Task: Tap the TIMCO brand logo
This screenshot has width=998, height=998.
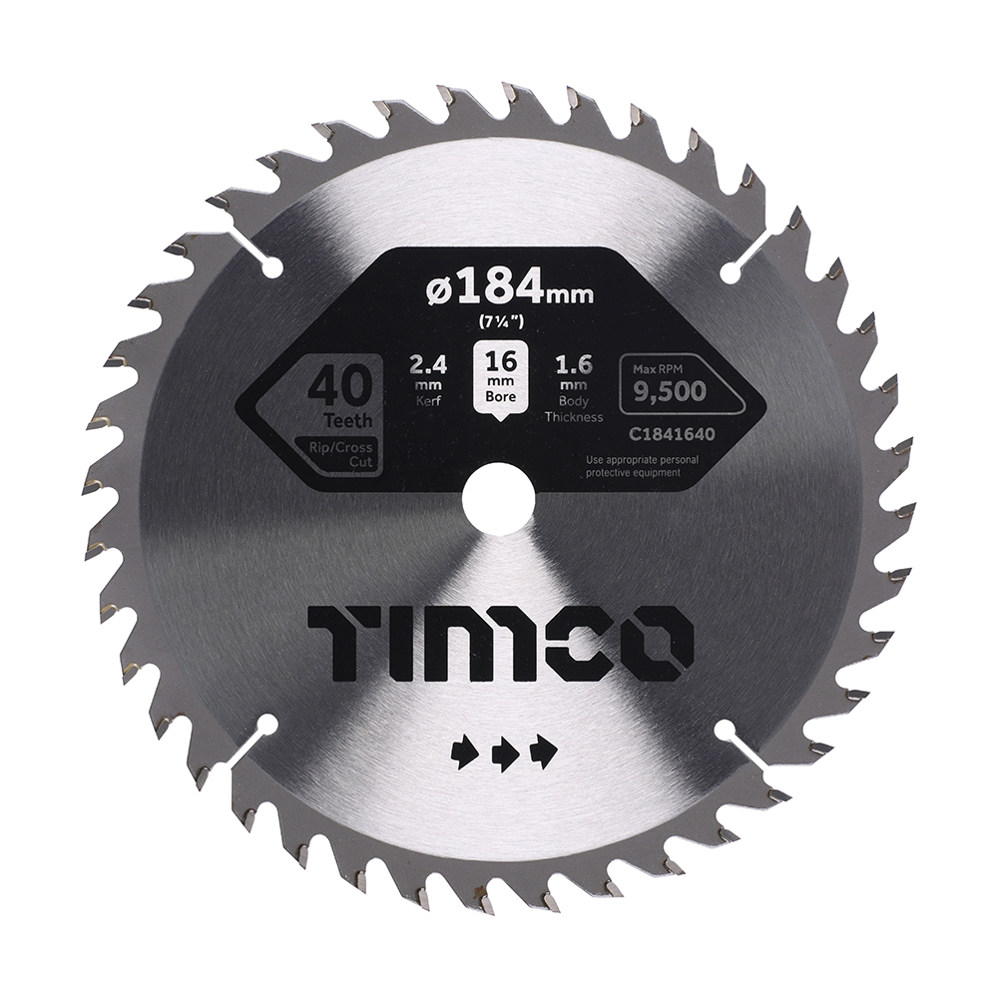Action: (x=500, y=641)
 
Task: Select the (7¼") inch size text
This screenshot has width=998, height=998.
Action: (x=498, y=320)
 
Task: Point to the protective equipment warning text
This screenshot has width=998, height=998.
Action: (x=634, y=466)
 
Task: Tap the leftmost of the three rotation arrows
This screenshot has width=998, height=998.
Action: (x=464, y=753)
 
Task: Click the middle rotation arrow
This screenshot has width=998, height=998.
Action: (x=504, y=753)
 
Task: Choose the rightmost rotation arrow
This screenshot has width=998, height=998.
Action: (x=544, y=753)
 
